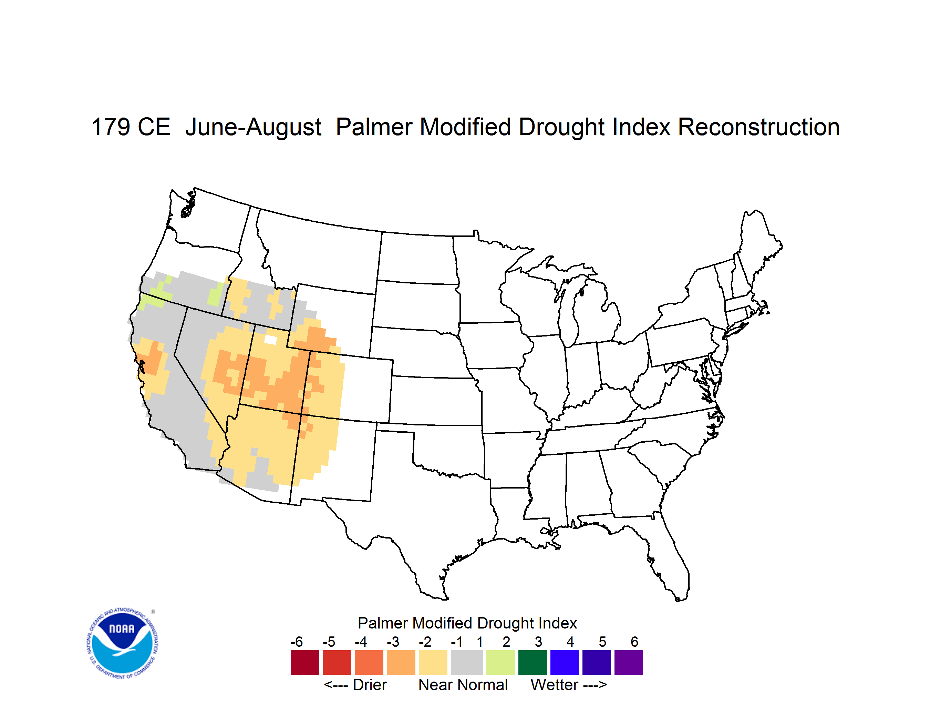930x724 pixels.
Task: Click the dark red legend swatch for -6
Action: [x=305, y=662]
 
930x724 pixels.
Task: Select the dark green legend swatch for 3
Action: [x=532, y=662]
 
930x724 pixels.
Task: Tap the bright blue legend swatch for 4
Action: [x=565, y=662]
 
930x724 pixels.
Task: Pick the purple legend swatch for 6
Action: [x=629, y=662]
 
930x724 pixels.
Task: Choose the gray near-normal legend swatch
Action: [x=467, y=662]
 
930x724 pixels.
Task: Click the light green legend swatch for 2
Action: [x=500, y=662]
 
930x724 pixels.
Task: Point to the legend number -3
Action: [x=393, y=642]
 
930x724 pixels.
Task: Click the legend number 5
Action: [x=602, y=642]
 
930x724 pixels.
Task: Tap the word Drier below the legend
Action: [x=370, y=685]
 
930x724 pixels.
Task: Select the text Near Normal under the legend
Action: [x=463, y=685]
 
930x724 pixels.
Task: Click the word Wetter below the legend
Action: [x=555, y=685]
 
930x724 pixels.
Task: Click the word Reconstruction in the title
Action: [x=758, y=127]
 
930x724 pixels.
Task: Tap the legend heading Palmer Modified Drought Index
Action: [x=467, y=623]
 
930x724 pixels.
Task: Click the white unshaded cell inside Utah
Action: [x=271, y=340]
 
